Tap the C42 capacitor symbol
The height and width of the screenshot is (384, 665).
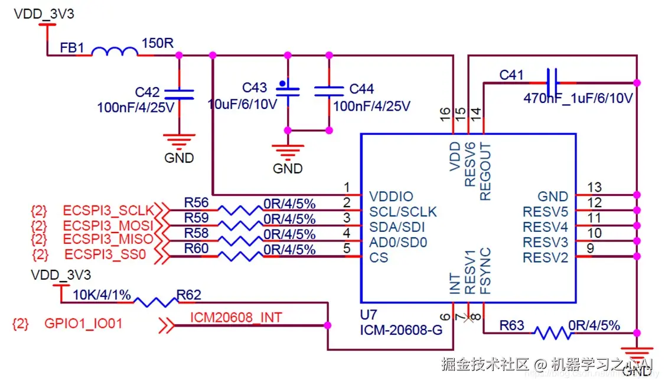click(179, 93)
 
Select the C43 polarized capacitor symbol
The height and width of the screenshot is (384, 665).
click(288, 90)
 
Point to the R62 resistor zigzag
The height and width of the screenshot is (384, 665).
click(155, 302)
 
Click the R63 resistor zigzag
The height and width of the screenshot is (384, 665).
click(553, 333)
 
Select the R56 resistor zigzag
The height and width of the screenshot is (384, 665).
click(239, 209)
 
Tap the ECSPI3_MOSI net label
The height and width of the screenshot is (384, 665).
click(108, 225)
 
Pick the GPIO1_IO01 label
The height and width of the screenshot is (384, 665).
click(84, 324)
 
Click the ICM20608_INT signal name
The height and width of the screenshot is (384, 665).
click(236, 318)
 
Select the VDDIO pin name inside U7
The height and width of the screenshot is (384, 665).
click(391, 196)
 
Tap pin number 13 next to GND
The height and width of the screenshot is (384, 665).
click(594, 188)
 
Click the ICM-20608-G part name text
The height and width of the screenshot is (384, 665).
click(401, 330)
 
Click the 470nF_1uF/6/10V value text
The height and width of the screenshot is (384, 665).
click(578, 98)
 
